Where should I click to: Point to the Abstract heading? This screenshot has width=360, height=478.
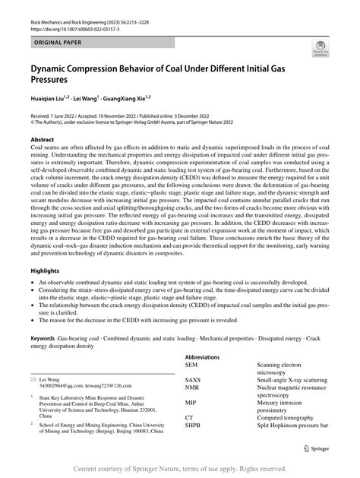[42, 140]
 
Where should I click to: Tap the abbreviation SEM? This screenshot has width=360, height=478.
[191, 365]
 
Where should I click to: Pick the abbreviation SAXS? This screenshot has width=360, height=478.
[193, 381]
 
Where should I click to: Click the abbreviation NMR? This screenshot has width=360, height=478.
[192, 389]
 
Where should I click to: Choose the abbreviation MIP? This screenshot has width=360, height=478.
[191, 405]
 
